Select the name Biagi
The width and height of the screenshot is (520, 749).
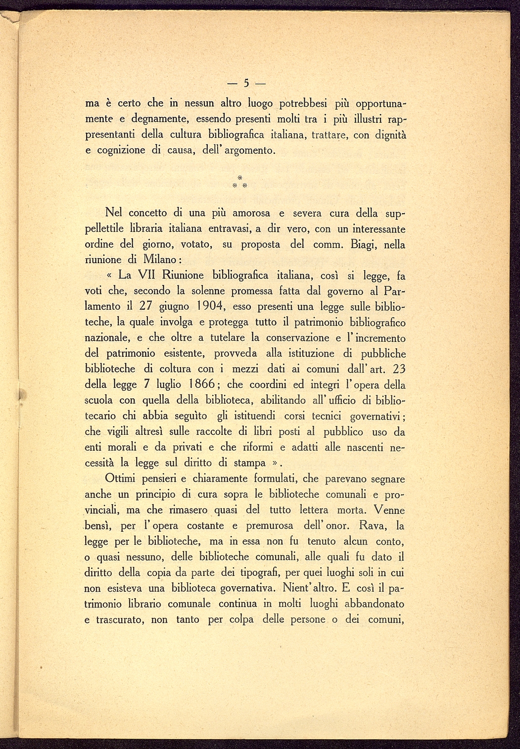(x=363, y=244)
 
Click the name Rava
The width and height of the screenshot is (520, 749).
(x=375, y=525)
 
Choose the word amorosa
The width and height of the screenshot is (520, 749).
(x=251, y=213)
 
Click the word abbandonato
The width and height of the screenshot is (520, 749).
(x=374, y=604)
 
